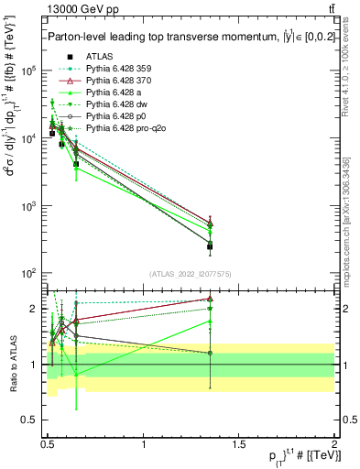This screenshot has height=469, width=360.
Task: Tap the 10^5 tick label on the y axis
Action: click(x=29, y=71)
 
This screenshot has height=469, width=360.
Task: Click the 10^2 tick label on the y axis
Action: click(x=29, y=273)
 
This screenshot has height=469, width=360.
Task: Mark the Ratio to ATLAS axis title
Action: click(x=14, y=364)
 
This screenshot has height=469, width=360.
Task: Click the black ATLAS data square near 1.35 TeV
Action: click(x=211, y=246)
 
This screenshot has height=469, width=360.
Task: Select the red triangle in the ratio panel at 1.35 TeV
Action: click(x=211, y=299)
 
